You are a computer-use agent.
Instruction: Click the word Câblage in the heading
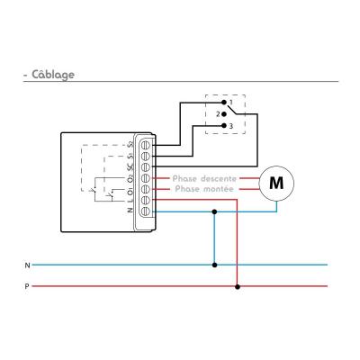point(53,75)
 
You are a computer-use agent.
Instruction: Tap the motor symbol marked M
point(276,183)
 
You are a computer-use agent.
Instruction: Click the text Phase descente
point(204,178)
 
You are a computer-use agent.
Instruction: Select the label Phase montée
point(204,189)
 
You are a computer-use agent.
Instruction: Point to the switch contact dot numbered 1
point(223,103)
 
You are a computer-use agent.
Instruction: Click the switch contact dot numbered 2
point(223,114)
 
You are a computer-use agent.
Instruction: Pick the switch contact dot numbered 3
point(223,126)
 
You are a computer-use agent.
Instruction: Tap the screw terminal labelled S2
point(146,146)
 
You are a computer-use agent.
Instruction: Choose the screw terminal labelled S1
point(146,157)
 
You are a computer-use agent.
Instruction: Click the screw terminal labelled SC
point(146,167)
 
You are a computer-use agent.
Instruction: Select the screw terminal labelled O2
point(146,178)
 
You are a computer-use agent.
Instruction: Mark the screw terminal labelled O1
point(146,189)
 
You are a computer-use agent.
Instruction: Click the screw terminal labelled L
point(146,200)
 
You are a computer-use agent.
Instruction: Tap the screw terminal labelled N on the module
point(146,211)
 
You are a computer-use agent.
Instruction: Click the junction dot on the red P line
point(238,287)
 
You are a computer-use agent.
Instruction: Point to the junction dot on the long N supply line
point(214,265)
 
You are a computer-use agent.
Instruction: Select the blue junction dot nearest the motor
point(214,211)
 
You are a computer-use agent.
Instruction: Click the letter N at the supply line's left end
point(27,265)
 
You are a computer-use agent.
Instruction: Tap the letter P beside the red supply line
point(27,286)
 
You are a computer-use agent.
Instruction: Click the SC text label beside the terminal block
point(130,166)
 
